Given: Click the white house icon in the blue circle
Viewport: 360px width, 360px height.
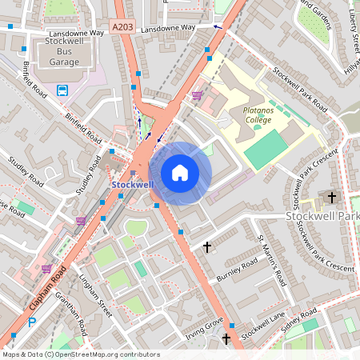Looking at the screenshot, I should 180,173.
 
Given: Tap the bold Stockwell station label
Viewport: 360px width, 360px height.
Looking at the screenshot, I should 132,185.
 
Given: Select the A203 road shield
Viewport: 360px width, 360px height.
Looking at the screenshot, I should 123,27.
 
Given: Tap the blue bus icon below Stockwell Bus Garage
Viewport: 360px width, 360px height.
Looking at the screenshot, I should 62,90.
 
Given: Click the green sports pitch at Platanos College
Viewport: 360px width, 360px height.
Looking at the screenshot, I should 266,150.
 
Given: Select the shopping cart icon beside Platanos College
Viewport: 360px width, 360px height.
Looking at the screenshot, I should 197,96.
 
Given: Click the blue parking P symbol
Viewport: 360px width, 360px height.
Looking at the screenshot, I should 32,322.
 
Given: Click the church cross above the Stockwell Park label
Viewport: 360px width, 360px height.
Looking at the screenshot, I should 331,197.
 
